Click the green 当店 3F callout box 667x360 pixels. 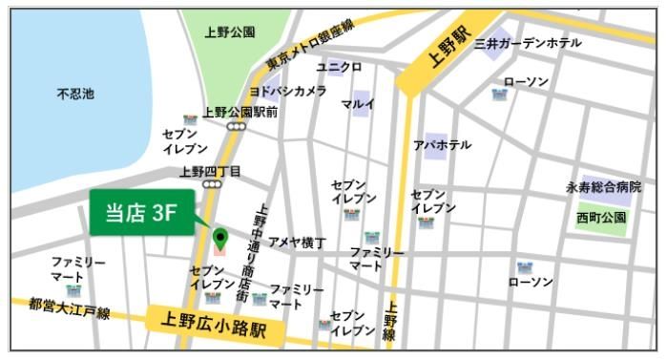(x=141, y=214)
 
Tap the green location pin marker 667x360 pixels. (x=220, y=237)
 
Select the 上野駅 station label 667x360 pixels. (x=449, y=56)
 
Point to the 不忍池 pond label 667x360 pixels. (x=75, y=94)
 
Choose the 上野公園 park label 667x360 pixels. (x=230, y=32)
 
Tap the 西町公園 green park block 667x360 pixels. (x=601, y=218)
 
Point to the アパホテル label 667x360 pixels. (x=442, y=144)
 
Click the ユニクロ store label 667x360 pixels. (x=339, y=67)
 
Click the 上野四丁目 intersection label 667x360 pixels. (x=211, y=172)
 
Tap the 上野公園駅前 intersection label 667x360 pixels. (x=240, y=113)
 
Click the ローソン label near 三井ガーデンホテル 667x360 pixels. (x=527, y=81)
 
